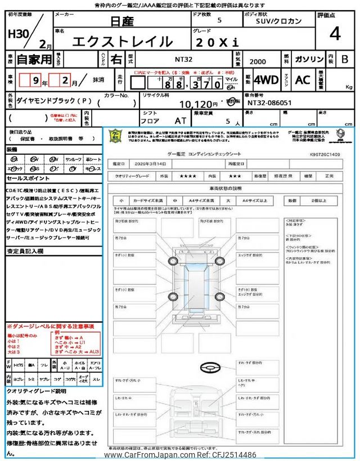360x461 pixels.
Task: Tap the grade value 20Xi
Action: coord(217,42)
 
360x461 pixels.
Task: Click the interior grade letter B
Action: coord(345,59)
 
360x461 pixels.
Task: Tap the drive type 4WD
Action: coord(266,79)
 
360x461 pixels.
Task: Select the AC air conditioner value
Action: coord(303,79)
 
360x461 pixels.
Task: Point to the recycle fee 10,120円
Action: coord(199,104)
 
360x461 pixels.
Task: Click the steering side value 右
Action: coord(116,59)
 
